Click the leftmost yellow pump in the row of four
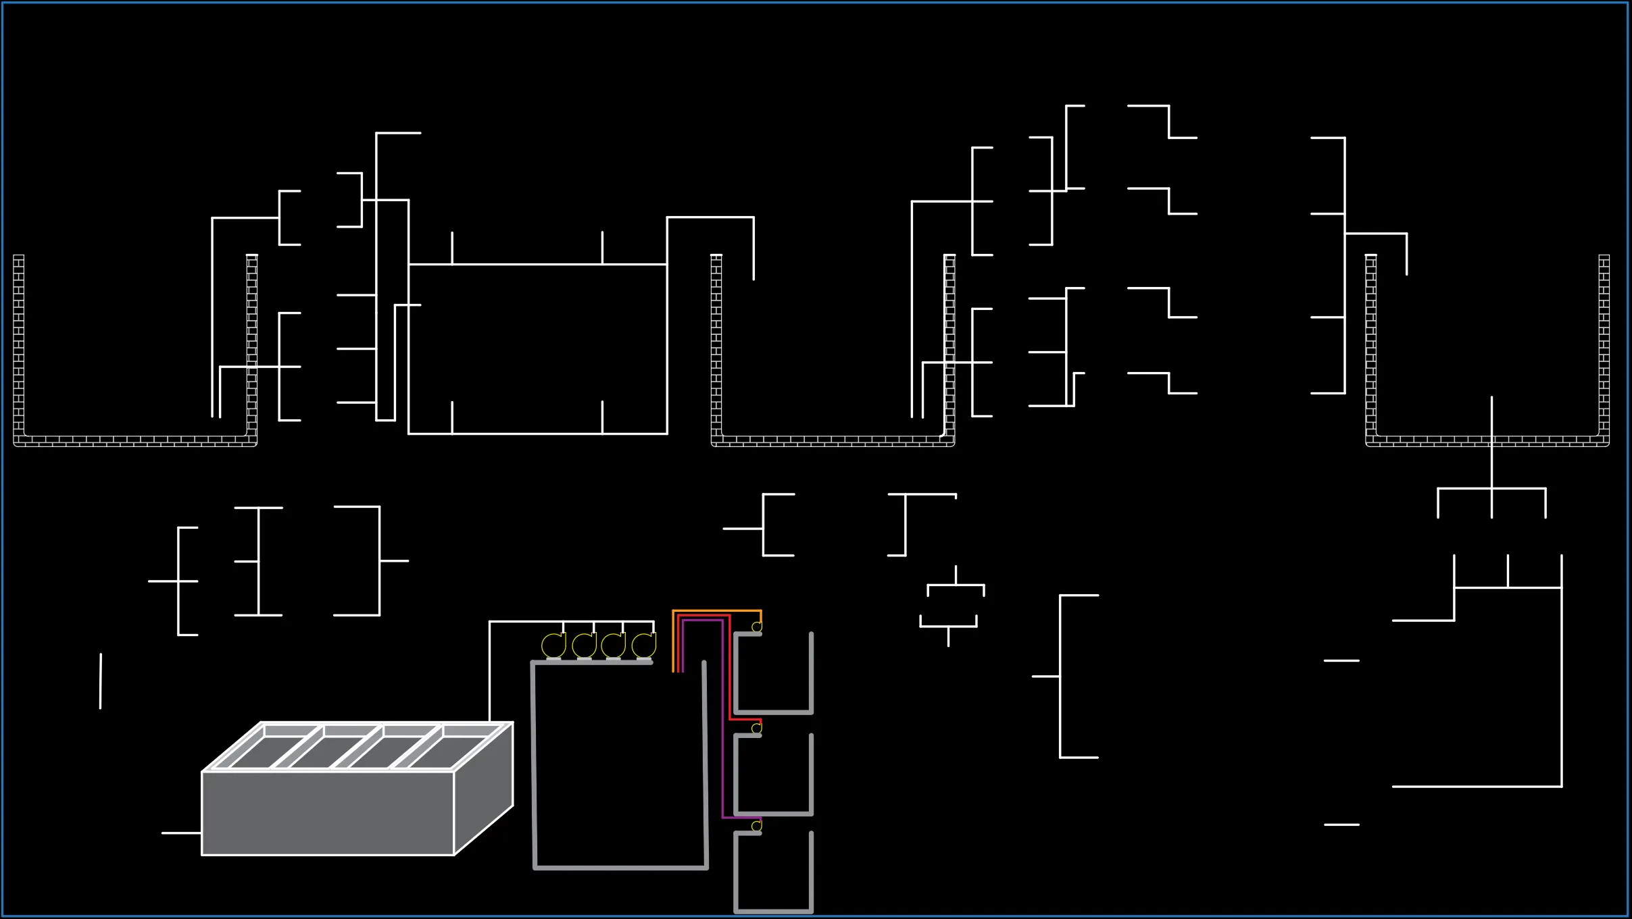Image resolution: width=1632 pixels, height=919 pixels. (x=553, y=646)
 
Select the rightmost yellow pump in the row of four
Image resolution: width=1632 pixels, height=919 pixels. (x=644, y=646)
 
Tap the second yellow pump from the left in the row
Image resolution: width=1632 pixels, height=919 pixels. (x=584, y=646)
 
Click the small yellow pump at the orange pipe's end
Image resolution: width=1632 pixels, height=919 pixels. (x=757, y=627)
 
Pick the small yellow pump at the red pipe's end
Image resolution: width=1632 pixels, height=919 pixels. (x=757, y=729)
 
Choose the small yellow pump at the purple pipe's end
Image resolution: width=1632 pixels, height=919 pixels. (x=757, y=826)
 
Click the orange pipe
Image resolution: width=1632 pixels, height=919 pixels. (x=716, y=611)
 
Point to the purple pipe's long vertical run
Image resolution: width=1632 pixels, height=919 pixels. (x=723, y=723)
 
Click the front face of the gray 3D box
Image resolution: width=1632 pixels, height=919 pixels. (x=328, y=813)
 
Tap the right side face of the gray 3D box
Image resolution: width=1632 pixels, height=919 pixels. (x=484, y=790)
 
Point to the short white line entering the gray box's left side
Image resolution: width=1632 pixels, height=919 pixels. (x=181, y=833)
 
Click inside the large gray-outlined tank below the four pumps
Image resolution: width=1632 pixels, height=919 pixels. (x=619, y=763)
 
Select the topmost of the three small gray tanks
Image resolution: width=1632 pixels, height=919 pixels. (x=774, y=675)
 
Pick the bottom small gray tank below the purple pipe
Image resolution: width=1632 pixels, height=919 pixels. (x=774, y=874)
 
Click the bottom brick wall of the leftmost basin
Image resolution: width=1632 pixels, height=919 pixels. (x=135, y=441)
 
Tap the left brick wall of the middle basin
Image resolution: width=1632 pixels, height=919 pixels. (x=716, y=344)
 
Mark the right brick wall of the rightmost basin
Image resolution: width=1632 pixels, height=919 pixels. (x=1604, y=344)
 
